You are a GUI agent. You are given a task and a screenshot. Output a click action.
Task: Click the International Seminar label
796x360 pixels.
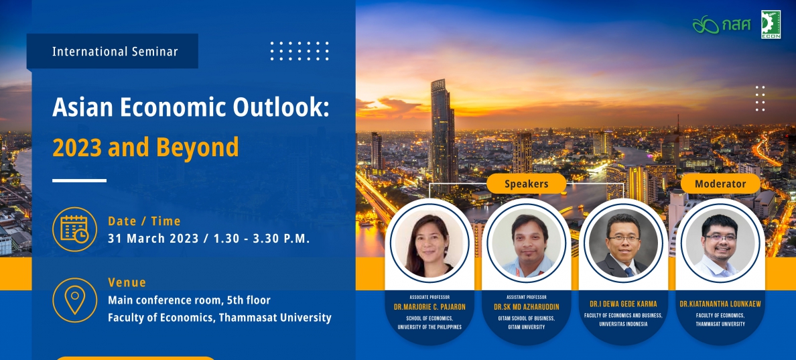pos(115,51)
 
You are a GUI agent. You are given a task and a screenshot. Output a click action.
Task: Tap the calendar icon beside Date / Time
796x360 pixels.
pos(74,229)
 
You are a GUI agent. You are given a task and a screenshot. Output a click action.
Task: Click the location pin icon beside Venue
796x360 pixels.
pos(74,300)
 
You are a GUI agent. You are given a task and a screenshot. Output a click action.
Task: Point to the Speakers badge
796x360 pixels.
pos(527,184)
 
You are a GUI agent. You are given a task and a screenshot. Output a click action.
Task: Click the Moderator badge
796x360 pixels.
pos(720,184)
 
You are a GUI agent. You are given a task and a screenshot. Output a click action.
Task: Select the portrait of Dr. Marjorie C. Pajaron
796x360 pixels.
pos(429,243)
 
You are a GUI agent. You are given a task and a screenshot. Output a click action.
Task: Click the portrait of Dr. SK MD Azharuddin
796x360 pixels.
pos(527,243)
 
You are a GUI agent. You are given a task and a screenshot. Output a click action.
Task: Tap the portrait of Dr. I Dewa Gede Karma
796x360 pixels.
pos(623,243)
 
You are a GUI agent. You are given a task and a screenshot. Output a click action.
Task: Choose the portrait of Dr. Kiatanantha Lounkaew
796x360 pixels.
pos(720,243)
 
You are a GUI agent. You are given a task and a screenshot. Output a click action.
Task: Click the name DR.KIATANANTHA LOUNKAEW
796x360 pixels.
pos(720,304)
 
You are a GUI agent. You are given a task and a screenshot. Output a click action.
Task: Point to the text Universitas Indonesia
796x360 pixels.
pos(623,324)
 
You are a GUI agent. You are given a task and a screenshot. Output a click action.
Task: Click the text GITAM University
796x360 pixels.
pos(527,327)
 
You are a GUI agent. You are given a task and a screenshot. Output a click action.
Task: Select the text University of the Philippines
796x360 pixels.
pos(429,327)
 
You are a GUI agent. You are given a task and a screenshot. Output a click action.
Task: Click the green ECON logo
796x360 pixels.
pos(771,24)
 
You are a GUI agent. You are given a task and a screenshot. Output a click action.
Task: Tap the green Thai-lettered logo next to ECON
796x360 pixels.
pos(722,24)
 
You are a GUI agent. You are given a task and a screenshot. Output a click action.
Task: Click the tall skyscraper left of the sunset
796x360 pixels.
pos(442,136)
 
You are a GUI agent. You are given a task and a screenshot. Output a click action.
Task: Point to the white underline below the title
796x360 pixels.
pos(79,180)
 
